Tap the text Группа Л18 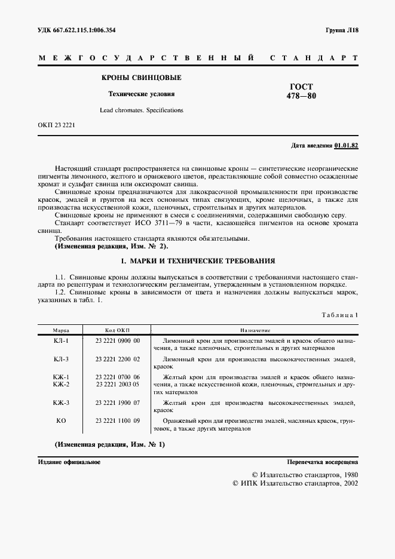point(341,30)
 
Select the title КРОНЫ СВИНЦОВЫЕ point(141,78)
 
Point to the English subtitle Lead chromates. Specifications point(141,110)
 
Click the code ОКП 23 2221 point(56,125)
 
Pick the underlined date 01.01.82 point(346,145)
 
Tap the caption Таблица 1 point(339,314)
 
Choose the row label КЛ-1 point(61,340)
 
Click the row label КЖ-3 point(61,403)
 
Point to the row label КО point(61,421)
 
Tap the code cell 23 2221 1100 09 point(118,421)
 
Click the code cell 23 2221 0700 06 point(118,377)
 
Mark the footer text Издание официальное point(69,462)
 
